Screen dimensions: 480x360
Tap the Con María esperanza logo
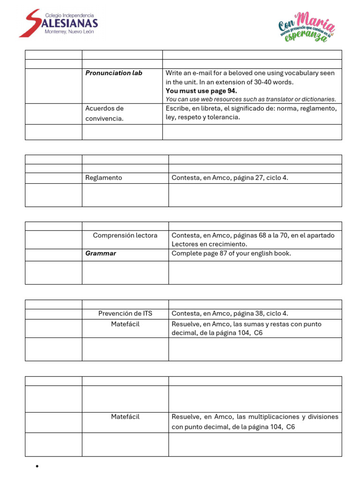click(x=307, y=27)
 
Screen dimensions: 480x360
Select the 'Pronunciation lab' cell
click(x=114, y=73)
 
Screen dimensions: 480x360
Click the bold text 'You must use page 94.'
click(x=201, y=91)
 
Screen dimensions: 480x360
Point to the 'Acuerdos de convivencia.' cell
click(x=105, y=113)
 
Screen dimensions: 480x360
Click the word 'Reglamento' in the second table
click(x=104, y=178)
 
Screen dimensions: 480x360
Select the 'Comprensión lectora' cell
click(x=125, y=235)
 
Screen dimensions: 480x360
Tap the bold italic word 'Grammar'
click(x=101, y=254)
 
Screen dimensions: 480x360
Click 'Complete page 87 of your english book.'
click(x=231, y=254)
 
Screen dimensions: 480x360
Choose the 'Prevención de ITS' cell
click(x=125, y=314)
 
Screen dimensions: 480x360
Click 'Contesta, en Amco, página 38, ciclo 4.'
click(x=233, y=314)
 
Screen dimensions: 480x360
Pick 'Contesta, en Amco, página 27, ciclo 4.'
click(x=233, y=178)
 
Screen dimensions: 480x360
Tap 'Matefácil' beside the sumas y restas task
click(x=125, y=324)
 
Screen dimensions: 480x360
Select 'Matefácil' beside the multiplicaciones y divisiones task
click(x=125, y=417)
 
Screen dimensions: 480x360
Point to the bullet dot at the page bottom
click(x=37, y=466)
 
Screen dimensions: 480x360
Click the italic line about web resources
click(x=251, y=99)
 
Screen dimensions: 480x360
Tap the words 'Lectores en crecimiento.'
click(x=209, y=244)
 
